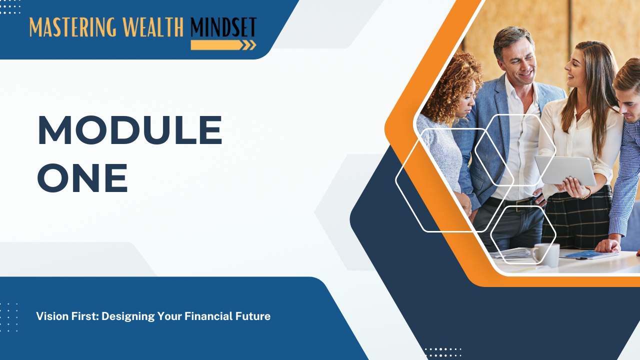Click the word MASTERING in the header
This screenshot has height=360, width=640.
pyautogui.click(x=73, y=27)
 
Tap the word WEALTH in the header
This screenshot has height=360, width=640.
pyautogui.click(x=154, y=27)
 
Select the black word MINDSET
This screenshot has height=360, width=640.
pyautogui.click(x=223, y=27)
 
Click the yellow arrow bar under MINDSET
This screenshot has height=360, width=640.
pyautogui.click(x=223, y=45)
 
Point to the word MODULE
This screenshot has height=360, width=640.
pyautogui.click(x=130, y=130)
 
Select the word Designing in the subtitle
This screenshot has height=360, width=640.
pyautogui.click(x=128, y=317)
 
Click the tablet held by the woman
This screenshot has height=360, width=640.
pyautogui.click(x=565, y=170)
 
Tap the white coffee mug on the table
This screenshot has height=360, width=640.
pyautogui.click(x=545, y=254)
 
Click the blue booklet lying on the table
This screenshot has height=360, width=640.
pyautogui.click(x=588, y=254)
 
